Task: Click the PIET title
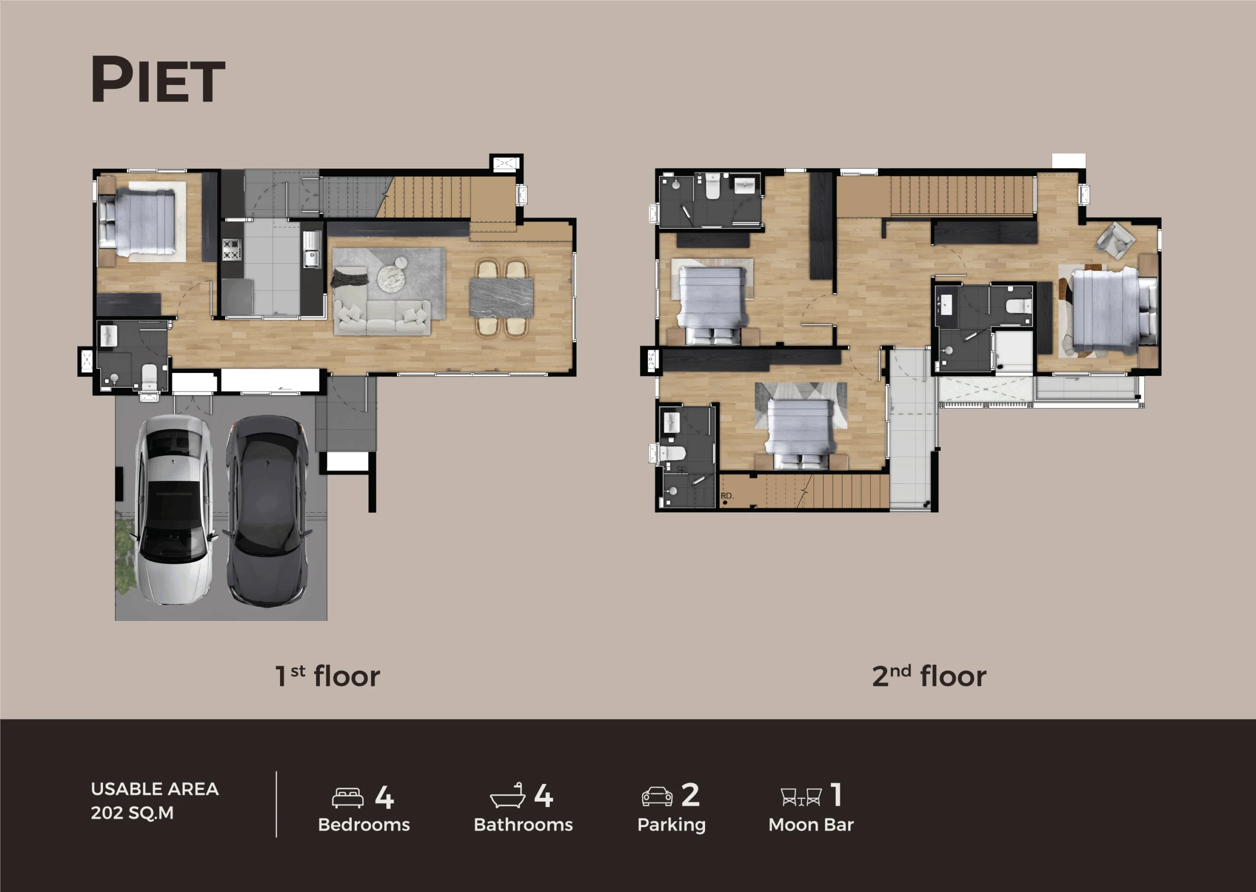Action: [158, 79]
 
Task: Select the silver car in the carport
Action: [174, 509]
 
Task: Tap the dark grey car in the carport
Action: [267, 511]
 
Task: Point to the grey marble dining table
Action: [501, 297]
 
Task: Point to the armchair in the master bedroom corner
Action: [1115, 239]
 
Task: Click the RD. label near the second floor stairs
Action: [727, 496]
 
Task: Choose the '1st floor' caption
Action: [327, 676]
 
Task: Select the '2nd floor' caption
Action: [929, 676]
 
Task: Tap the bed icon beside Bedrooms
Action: [348, 797]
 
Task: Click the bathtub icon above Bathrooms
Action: [507, 795]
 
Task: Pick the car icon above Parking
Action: [657, 796]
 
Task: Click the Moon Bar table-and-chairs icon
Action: [801, 797]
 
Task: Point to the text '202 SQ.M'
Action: [132, 813]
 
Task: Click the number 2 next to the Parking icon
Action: [690, 795]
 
